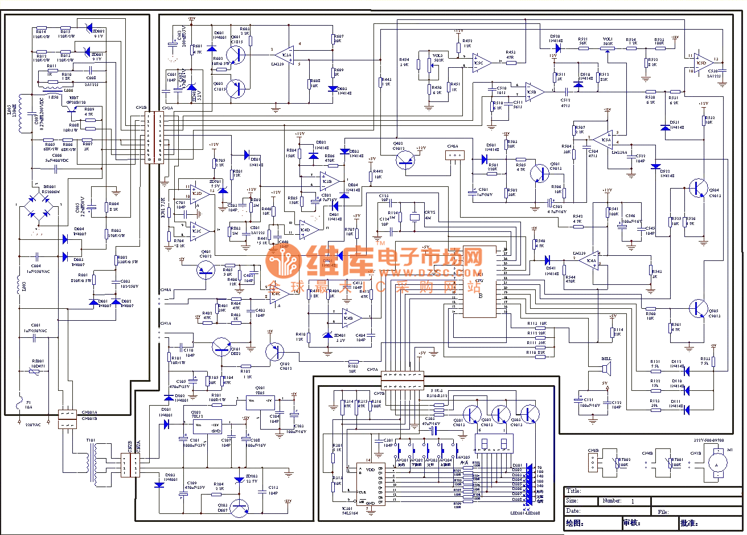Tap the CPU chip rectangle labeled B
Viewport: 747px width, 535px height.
coord(480,277)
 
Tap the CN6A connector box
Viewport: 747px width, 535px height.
coord(454,155)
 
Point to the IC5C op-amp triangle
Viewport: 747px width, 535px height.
coord(481,63)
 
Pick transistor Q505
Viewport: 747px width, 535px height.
coord(697,308)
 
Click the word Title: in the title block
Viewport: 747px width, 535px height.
coord(573,491)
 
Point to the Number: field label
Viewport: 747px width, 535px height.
coord(611,501)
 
